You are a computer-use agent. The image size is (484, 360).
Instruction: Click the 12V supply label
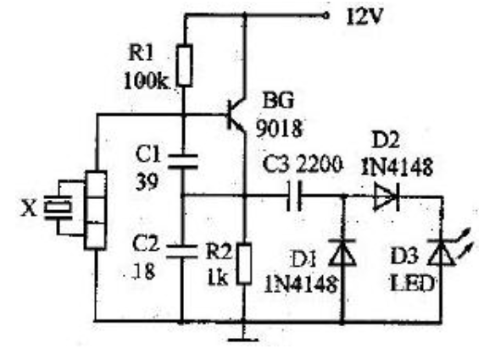[x=364, y=16]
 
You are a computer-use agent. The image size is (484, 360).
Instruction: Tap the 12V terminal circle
[x=326, y=14]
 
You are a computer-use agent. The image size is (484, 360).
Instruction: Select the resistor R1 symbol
[x=185, y=65]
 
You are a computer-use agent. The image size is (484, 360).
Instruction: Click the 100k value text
[x=146, y=82]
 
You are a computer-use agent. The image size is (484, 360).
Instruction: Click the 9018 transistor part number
[x=280, y=128]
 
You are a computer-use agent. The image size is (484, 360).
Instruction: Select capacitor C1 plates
[x=183, y=161]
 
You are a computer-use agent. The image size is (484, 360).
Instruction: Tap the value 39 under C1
[x=147, y=182]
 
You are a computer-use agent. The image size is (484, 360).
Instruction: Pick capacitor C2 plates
[x=182, y=252]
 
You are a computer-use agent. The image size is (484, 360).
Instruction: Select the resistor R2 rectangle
[x=244, y=263]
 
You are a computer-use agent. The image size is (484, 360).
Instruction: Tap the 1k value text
[x=218, y=279]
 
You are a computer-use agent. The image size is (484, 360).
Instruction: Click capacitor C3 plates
[x=294, y=196]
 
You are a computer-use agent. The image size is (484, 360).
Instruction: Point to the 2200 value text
[x=320, y=165]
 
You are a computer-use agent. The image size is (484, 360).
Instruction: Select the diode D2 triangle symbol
[x=387, y=197]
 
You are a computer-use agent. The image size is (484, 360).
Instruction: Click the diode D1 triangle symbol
[x=342, y=252]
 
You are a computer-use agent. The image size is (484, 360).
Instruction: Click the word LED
[x=413, y=284]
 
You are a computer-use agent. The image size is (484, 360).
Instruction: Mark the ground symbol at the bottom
[x=243, y=340]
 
